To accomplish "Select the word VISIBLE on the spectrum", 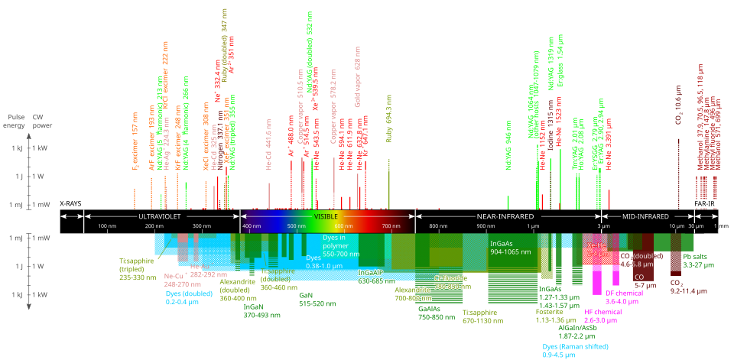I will pos(326,216).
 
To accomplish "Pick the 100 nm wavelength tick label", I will pos(106,227).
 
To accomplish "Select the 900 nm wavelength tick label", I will pos(486,227).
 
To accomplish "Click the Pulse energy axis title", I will pos(16,122).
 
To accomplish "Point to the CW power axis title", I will pos(42,122).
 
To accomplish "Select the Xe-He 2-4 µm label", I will pos(598,248).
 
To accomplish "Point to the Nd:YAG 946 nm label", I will pos(508,148).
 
